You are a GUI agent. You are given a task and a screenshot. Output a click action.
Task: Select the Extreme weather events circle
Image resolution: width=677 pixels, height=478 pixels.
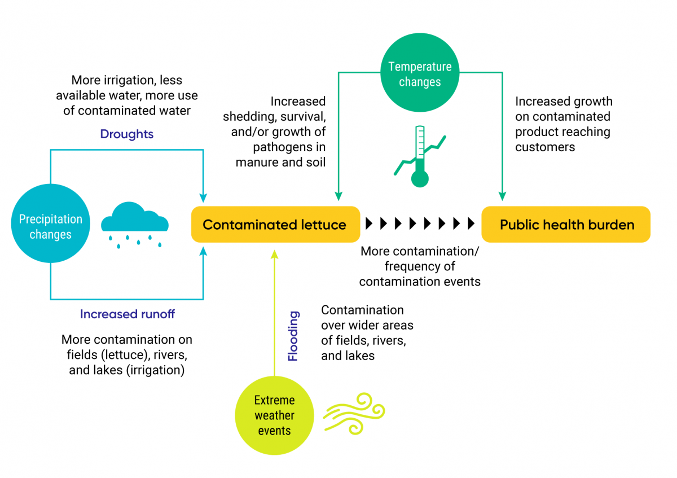pos(274,415)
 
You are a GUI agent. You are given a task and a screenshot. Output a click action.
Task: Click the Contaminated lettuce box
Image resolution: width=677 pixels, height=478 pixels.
pos(275,225)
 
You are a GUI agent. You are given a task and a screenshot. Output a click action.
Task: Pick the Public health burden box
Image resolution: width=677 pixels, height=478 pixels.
pos(566,225)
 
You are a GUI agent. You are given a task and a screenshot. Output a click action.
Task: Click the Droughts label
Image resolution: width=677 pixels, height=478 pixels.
pos(127,134)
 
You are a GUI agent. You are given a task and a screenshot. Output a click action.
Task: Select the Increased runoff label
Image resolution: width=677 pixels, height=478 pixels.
pos(128,314)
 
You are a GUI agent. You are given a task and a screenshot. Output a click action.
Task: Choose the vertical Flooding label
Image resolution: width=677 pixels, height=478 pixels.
pos(293,336)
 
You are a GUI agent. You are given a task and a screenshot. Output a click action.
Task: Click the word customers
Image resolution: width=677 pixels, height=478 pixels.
pos(545,147)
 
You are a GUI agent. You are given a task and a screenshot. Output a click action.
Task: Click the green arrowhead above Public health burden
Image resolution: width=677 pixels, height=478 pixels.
pos(502,196)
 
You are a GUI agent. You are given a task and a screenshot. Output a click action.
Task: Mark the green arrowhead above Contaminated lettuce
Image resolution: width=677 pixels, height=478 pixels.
pos(338,196)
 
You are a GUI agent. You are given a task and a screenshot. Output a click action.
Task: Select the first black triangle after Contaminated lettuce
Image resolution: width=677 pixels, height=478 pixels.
pos(370,223)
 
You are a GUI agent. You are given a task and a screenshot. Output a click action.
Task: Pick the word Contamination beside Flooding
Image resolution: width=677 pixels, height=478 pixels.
pos(362,310)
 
